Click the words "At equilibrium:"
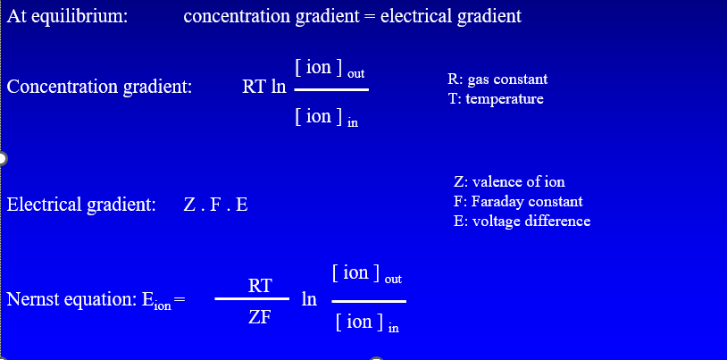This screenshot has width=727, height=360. [x=66, y=17]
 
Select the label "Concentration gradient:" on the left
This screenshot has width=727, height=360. [x=99, y=88]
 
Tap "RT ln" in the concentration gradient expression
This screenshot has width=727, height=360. [x=264, y=88]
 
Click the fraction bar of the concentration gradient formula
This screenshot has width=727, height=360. [x=330, y=89]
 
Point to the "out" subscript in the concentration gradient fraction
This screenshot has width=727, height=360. [x=355, y=72]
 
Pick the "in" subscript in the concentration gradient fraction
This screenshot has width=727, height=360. [x=352, y=123]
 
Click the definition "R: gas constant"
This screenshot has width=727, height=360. [x=497, y=80]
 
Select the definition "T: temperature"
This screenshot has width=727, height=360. [x=496, y=99]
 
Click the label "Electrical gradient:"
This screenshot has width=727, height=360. [x=81, y=205]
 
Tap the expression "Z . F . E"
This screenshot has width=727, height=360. [x=215, y=205]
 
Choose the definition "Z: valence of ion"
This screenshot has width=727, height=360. [x=509, y=181]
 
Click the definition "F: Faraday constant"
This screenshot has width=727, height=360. [x=518, y=201]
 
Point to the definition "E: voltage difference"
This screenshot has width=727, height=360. [x=522, y=221]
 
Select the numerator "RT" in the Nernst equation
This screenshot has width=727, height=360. [x=260, y=286]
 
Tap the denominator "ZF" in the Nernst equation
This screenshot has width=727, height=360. [x=260, y=316]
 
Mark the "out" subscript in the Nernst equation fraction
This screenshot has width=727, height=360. [x=393, y=280]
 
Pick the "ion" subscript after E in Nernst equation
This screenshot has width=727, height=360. [x=162, y=306]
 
